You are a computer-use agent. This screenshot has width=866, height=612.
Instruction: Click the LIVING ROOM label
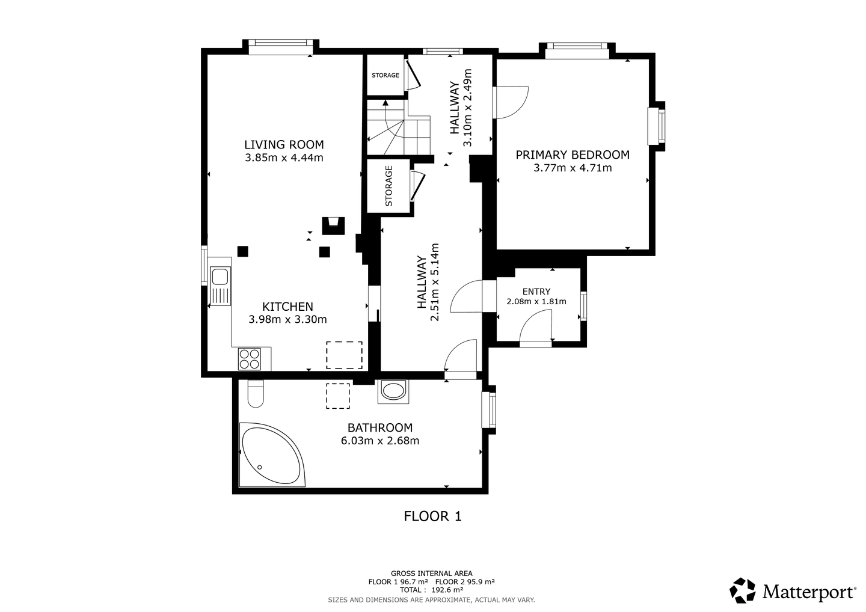(284, 144)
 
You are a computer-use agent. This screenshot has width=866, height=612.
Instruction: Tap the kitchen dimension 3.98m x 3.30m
(287, 319)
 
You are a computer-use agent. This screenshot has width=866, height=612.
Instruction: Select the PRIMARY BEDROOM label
(573, 155)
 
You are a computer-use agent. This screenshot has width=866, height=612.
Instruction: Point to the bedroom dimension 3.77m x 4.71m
(573, 168)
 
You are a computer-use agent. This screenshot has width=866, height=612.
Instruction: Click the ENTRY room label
(536, 292)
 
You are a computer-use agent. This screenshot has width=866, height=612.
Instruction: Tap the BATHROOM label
(380, 427)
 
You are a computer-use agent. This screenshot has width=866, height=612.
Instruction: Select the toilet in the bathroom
(256, 394)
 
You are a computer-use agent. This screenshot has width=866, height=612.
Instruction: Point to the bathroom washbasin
(393, 392)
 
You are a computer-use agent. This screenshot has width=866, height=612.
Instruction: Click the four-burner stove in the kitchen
(250, 360)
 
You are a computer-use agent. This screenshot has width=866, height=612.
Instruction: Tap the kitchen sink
(220, 286)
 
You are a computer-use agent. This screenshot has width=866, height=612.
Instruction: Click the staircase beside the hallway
(398, 127)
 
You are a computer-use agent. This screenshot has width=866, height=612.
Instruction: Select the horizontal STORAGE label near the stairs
(385, 75)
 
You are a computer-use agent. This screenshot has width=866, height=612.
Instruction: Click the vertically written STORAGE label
(389, 186)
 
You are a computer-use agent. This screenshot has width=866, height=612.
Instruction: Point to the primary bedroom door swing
(512, 102)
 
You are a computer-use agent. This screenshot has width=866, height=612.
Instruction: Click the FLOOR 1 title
(432, 516)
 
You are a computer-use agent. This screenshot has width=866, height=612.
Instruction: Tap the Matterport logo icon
(742, 590)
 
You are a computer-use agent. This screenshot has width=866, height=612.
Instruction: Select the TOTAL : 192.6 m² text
(431, 590)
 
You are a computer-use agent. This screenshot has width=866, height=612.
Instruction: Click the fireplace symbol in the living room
(333, 226)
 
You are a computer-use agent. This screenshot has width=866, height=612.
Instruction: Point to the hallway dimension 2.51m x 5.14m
(428, 282)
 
